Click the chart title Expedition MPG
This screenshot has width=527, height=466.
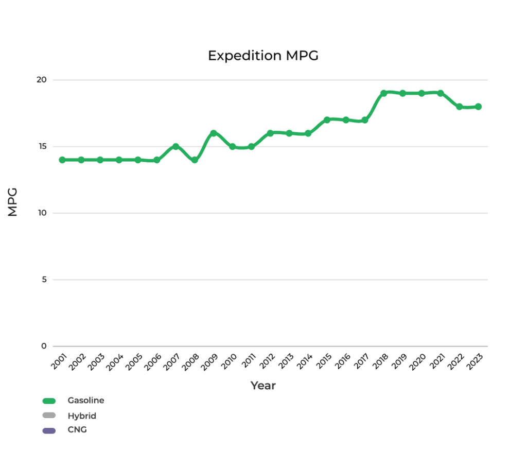click(x=263, y=56)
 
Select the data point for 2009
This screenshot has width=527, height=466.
click(x=213, y=133)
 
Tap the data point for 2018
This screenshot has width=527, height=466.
click(x=383, y=93)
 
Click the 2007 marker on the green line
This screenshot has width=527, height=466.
click(x=175, y=147)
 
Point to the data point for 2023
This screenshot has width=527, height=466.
click(x=478, y=107)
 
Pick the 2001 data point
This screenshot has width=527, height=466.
click(x=62, y=160)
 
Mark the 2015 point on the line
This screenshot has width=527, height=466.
click(x=327, y=120)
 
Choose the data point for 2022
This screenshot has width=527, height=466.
click(x=459, y=107)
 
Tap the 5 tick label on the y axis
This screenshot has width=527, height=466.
click(x=44, y=280)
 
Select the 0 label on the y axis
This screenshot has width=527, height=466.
click(x=44, y=346)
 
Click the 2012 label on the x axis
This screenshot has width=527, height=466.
click(x=267, y=361)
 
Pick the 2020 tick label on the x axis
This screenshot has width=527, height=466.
click(x=418, y=361)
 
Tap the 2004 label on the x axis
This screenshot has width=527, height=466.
click(x=115, y=361)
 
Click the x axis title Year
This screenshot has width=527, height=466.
click(x=263, y=386)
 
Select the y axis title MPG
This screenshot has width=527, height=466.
click(x=13, y=202)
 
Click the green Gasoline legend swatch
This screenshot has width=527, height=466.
click(x=49, y=401)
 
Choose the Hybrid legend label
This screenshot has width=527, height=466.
click(x=82, y=416)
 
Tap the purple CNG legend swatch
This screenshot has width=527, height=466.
click(x=49, y=430)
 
